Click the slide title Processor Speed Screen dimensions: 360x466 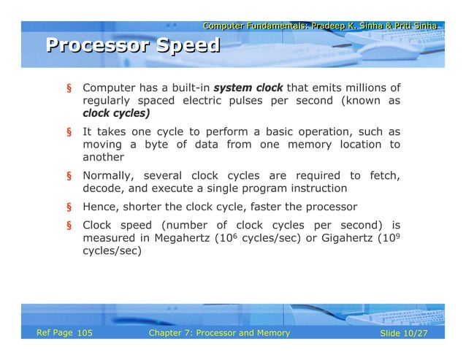tap(133, 46)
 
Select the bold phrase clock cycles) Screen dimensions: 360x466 tap(116, 113)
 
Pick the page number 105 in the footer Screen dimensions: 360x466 tap(84, 333)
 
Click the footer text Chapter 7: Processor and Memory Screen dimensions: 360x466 tap(218, 333)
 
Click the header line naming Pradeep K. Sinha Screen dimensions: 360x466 tap(320, 26)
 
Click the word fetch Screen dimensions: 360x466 tap(383, 175)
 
